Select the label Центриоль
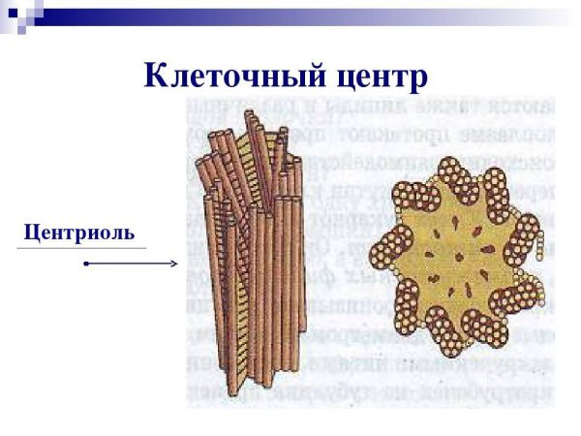click(x=78, y=233)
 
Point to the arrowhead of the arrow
click(x=174, y=264)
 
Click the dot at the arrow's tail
click(x=86, y=264)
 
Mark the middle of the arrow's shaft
click(x=131, y=264)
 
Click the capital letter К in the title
click(x=156, y=76)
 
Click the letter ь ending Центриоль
click(x=129, y=234)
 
